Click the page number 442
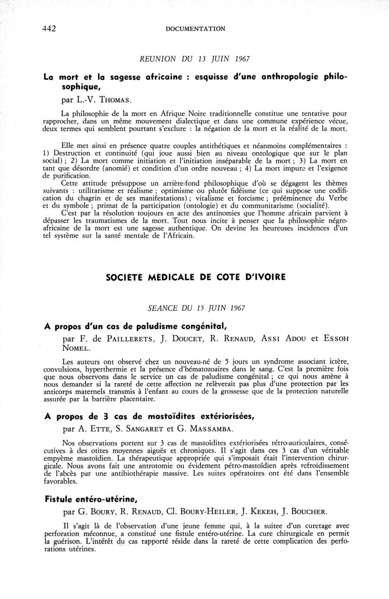[x=49, y=29]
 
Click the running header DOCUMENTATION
[x=195, y=29]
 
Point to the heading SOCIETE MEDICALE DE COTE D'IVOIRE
[x=195, y=277]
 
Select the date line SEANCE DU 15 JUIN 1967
[x=195, y=308]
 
